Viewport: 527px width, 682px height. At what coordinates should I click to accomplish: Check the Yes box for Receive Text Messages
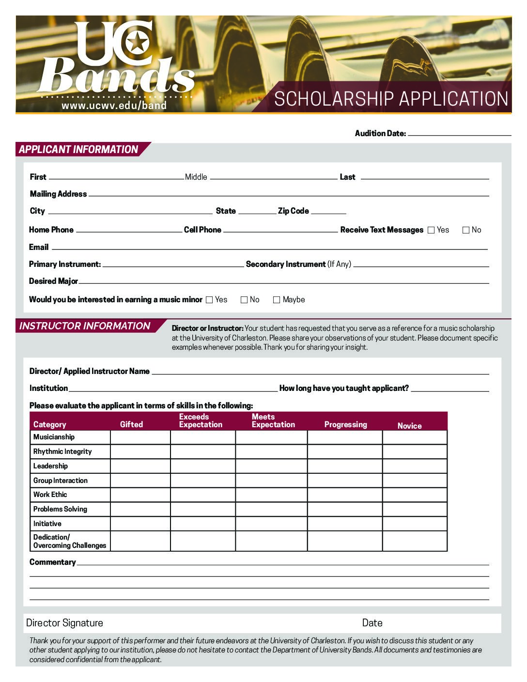click(431, 231)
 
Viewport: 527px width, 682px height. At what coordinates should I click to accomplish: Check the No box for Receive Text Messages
click(466, 231)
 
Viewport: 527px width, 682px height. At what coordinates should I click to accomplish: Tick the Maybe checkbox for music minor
click(277, 300)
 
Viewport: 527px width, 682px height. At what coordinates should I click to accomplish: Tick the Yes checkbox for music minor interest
click(209, 300)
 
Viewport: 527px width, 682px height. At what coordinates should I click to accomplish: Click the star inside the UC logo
click(138, 43)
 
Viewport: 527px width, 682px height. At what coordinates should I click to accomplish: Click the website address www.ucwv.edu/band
click(114, 105)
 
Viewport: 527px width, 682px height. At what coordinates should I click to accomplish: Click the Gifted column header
click(131, 424)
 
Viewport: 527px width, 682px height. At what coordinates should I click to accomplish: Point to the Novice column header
click(409, 426)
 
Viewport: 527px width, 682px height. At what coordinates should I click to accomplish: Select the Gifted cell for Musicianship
click(140, 437)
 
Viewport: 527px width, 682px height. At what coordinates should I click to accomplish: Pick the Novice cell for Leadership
click(415, 466)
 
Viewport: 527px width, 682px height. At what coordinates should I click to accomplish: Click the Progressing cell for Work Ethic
click(345, 495)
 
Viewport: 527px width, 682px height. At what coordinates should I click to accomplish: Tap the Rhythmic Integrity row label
click(62, 451)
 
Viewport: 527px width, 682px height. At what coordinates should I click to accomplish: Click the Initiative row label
click(47, 524)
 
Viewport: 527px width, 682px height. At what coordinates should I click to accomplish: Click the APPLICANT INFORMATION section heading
click(78, 150)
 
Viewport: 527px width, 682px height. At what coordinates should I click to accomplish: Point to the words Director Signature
click(64, 623)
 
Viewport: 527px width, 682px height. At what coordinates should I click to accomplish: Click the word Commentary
click(52, 562)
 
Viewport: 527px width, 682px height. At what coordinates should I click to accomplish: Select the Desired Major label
click(53, 281)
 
